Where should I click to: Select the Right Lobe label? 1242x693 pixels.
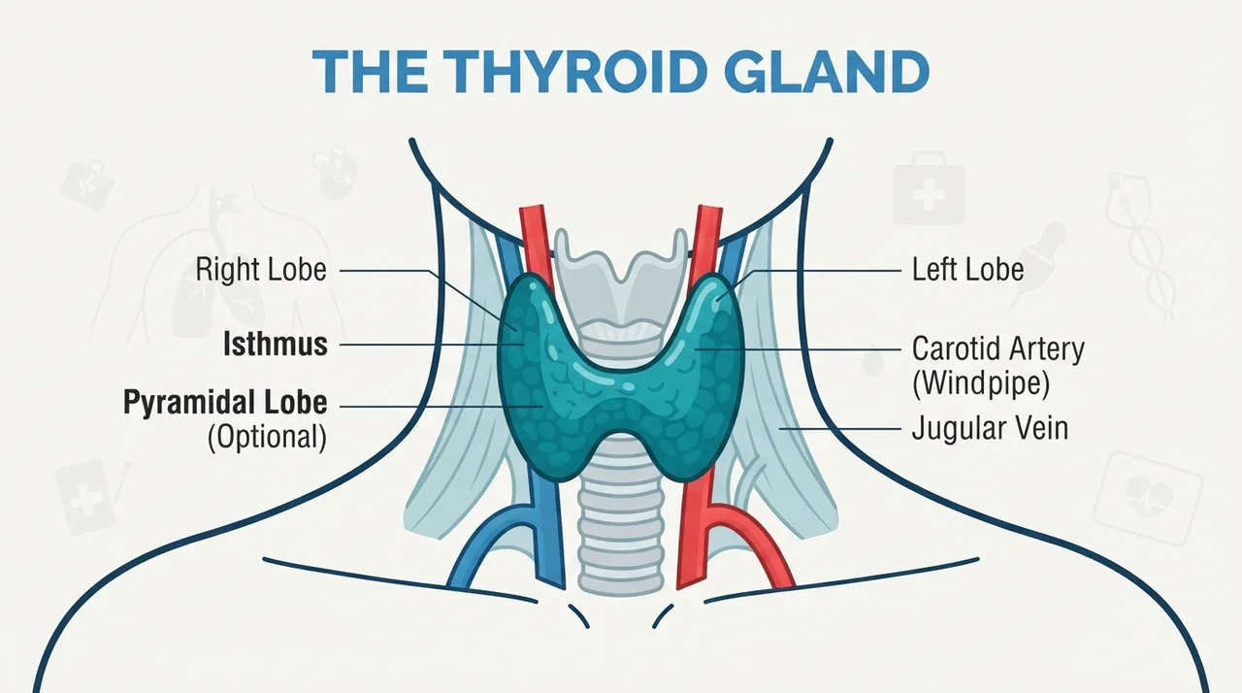click(261, 270)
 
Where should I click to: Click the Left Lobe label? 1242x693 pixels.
click(968, 270)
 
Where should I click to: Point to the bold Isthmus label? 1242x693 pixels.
click(276, 345)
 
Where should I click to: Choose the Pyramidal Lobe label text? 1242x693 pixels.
click(225, 403)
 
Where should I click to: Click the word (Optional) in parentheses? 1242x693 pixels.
click(267, 438)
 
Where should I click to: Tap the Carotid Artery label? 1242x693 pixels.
click(998, 349)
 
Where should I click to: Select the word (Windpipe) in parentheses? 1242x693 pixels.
click(981, 383)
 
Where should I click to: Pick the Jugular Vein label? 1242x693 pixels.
click(991, 429)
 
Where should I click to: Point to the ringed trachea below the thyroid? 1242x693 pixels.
click(621, 532)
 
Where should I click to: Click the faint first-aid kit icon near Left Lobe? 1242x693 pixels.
click(929, 188)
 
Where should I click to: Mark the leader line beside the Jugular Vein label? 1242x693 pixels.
click(839, 429)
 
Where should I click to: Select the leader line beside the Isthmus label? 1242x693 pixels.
click(432, 345)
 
